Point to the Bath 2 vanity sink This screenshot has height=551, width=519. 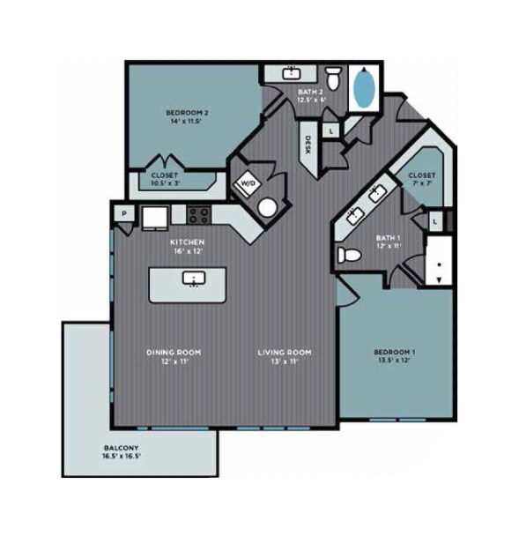pyautogui.click(x=293, y=74)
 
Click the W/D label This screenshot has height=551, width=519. pyautogui.click(x=247, y=184)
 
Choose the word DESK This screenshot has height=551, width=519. pyautogui.click(x=308, y=145)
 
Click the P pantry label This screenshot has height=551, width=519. pyautogui.click(x=124, y=213)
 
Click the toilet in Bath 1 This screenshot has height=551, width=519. pyautogui.click(x=350, y=256)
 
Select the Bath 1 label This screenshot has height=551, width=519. pyautogui.click(x=387, y=240)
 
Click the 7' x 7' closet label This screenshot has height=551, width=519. pyautogui.click(x=421, y=181)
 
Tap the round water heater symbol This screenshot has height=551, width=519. pyautogui.click(x=266, y=208)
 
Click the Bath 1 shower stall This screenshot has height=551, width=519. pyautogui.click(x=438, y=261)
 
